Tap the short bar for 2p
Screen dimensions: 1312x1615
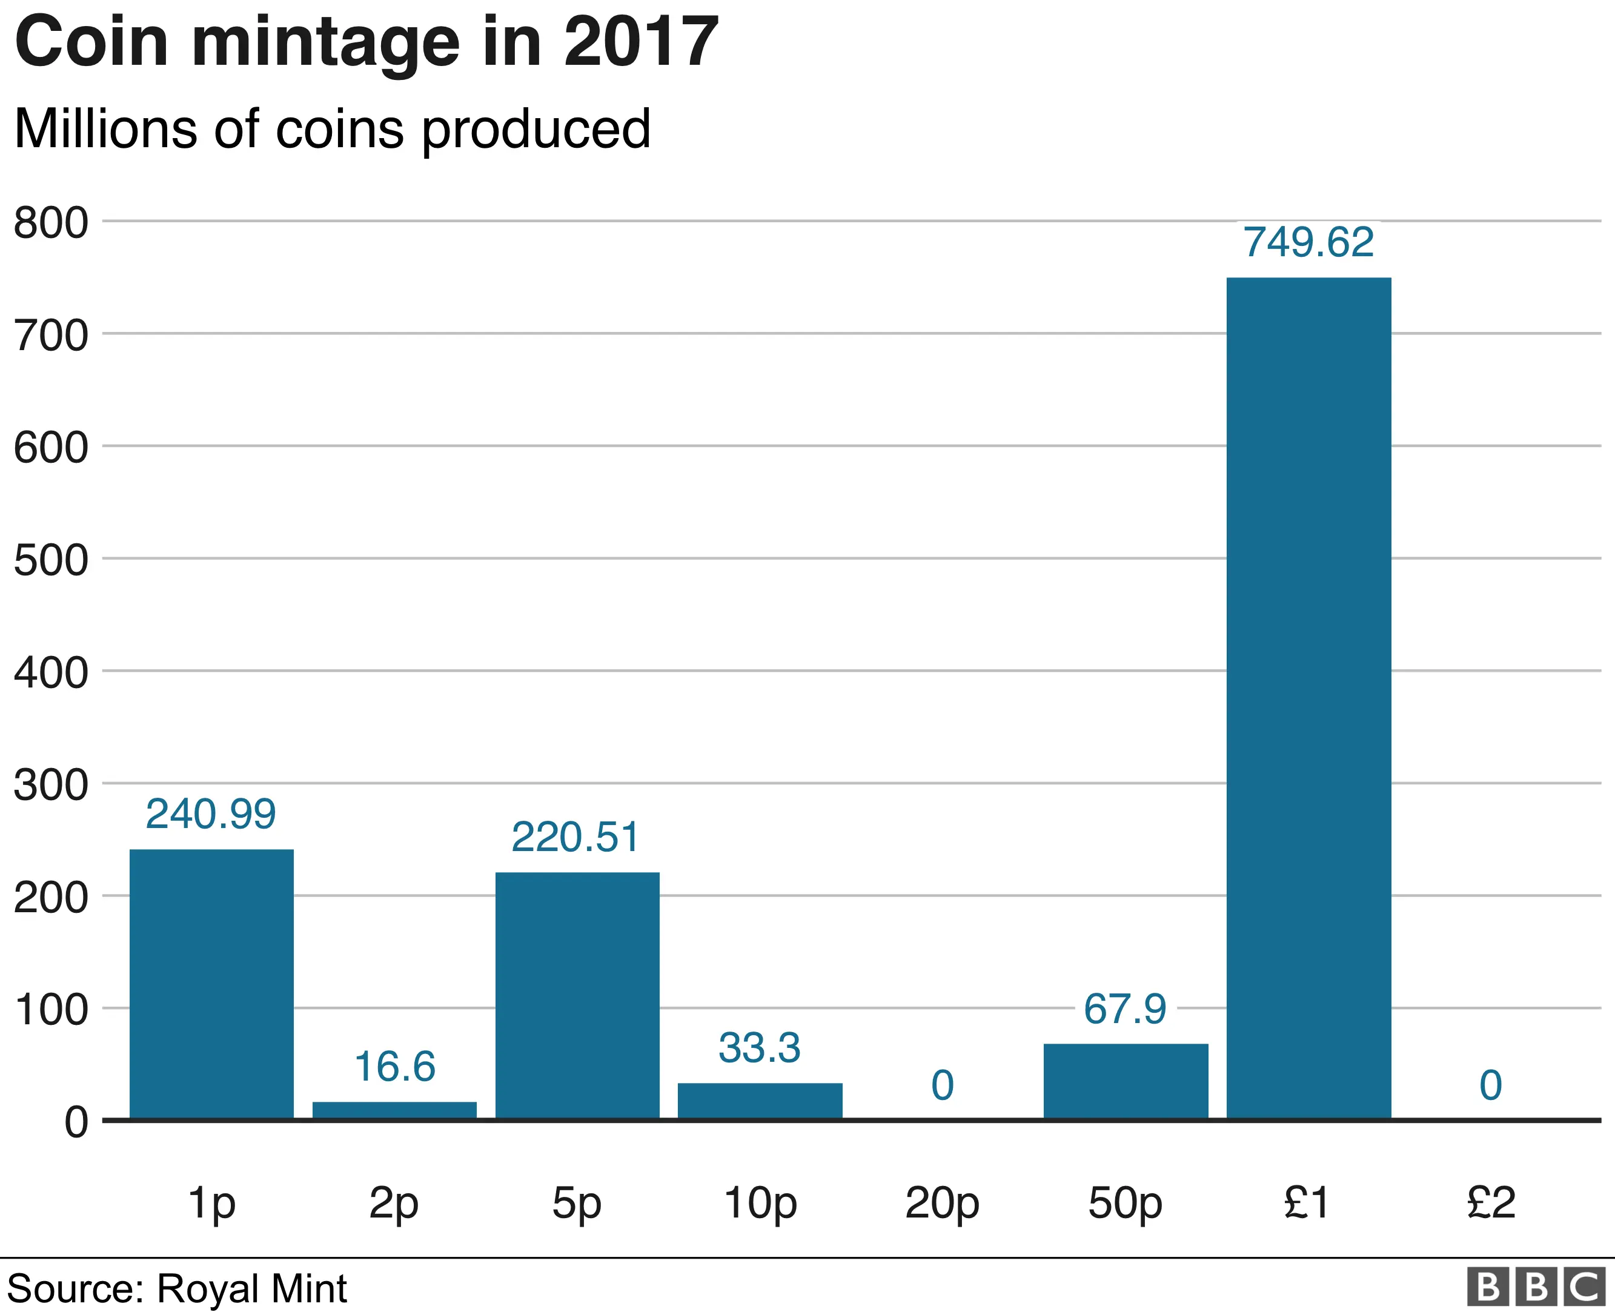394,1110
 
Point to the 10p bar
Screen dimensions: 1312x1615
760,1101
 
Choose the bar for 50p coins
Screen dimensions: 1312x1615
1126,1081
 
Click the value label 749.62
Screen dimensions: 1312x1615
1308,243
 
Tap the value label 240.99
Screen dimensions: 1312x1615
211,814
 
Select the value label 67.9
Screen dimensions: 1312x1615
1124,1009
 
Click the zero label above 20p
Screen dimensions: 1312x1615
943,1085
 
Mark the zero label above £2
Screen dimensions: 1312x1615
1490,1085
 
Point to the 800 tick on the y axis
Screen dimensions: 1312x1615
51,224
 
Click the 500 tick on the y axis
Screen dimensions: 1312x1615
51,561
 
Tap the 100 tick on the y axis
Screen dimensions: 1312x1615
51,1010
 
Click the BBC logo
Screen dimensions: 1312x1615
1536,1287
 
